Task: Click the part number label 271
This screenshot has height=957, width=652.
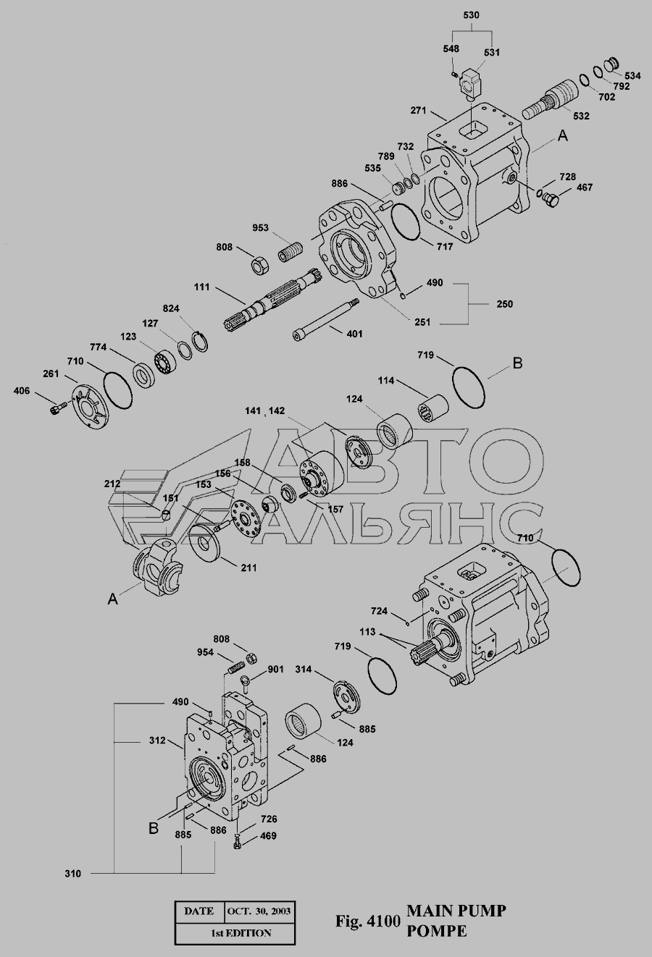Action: [419, 111]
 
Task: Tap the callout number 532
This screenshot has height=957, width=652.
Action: [581, 116]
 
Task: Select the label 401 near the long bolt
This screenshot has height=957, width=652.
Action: [354, 333]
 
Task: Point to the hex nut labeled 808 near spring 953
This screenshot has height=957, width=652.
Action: [259, 266]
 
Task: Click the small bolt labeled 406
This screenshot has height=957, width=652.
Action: [57, 408]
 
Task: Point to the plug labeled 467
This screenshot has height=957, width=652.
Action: [551, 200]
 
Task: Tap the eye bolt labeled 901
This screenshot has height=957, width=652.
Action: [245, 680]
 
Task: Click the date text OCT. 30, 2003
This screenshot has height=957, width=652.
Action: [259, 911]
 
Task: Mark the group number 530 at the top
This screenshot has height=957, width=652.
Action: [471, 15]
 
